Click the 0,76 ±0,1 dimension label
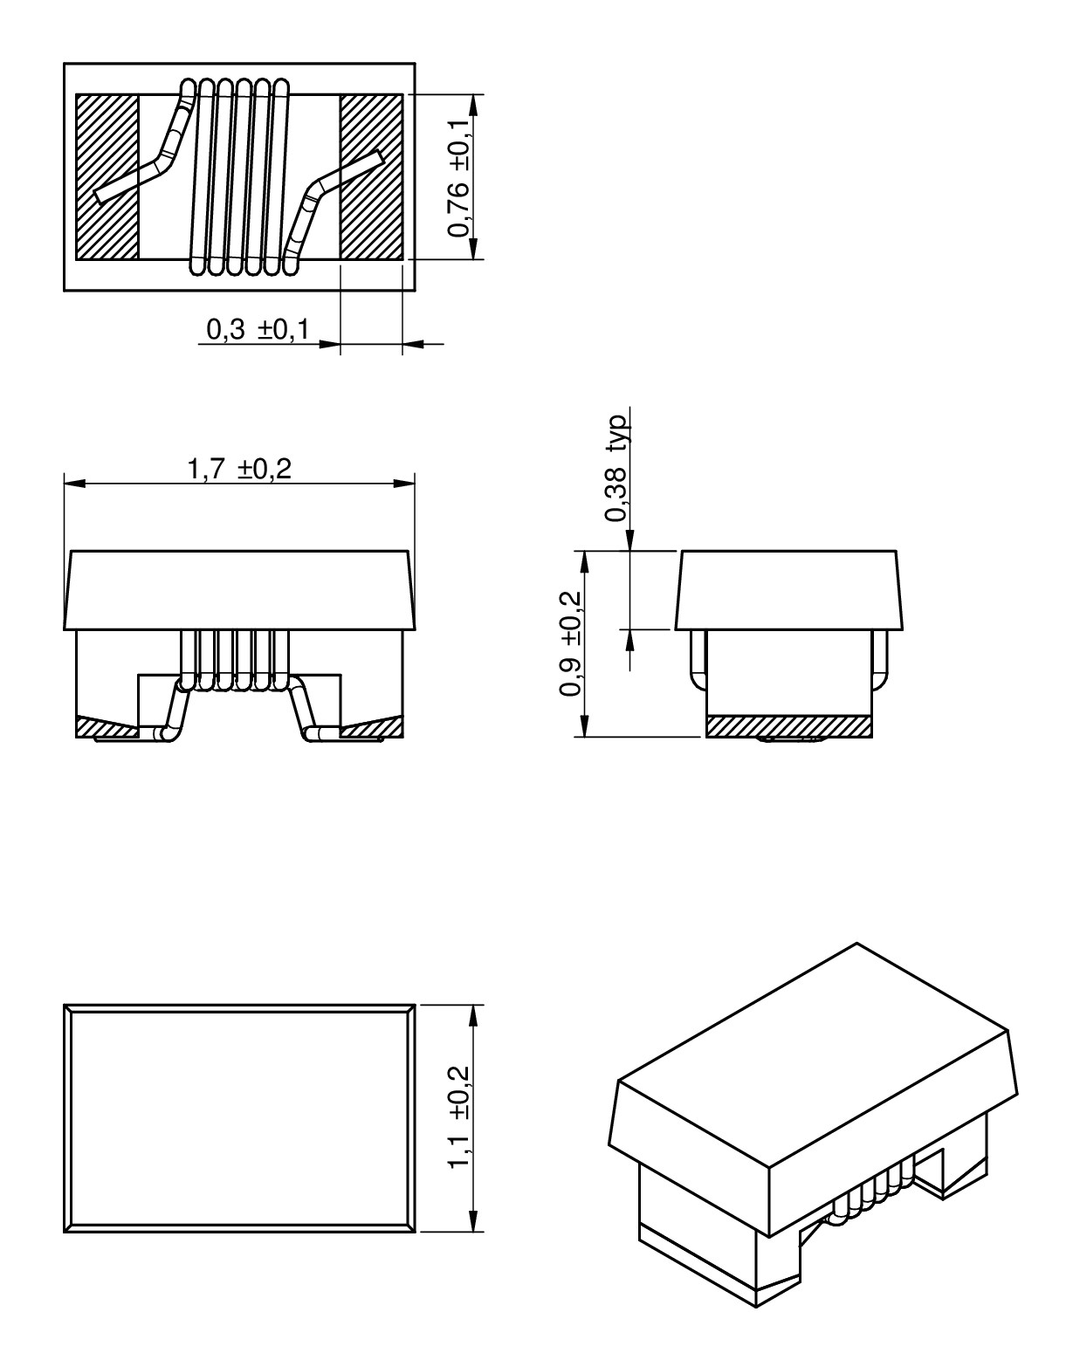[459, 177]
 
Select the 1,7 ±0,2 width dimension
[238, 470]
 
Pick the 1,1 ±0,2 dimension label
[459, 1117]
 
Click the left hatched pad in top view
[107, 177]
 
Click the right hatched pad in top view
[371, 177]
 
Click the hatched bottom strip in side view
[788, 726]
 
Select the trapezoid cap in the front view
[238, 589]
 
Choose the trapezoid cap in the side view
[788, 589]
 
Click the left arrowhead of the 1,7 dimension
[73, 483]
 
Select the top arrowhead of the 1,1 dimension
[472, 1014]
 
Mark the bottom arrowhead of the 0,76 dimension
[472, 251]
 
